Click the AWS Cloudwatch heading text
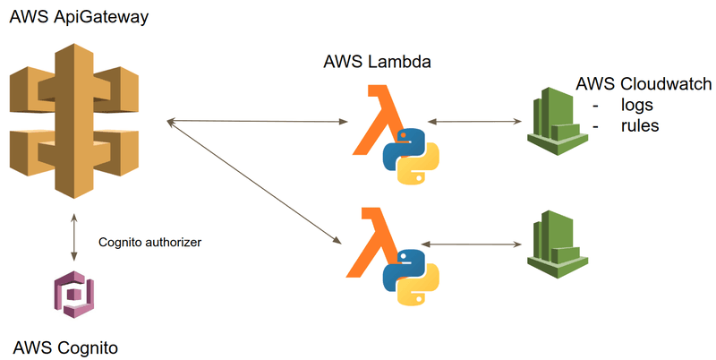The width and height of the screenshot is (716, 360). coord(644,84)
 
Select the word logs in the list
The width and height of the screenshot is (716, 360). coord(637,106)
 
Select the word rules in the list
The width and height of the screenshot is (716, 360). coord(639,126)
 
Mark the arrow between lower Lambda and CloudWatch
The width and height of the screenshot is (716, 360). coord(470,243)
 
